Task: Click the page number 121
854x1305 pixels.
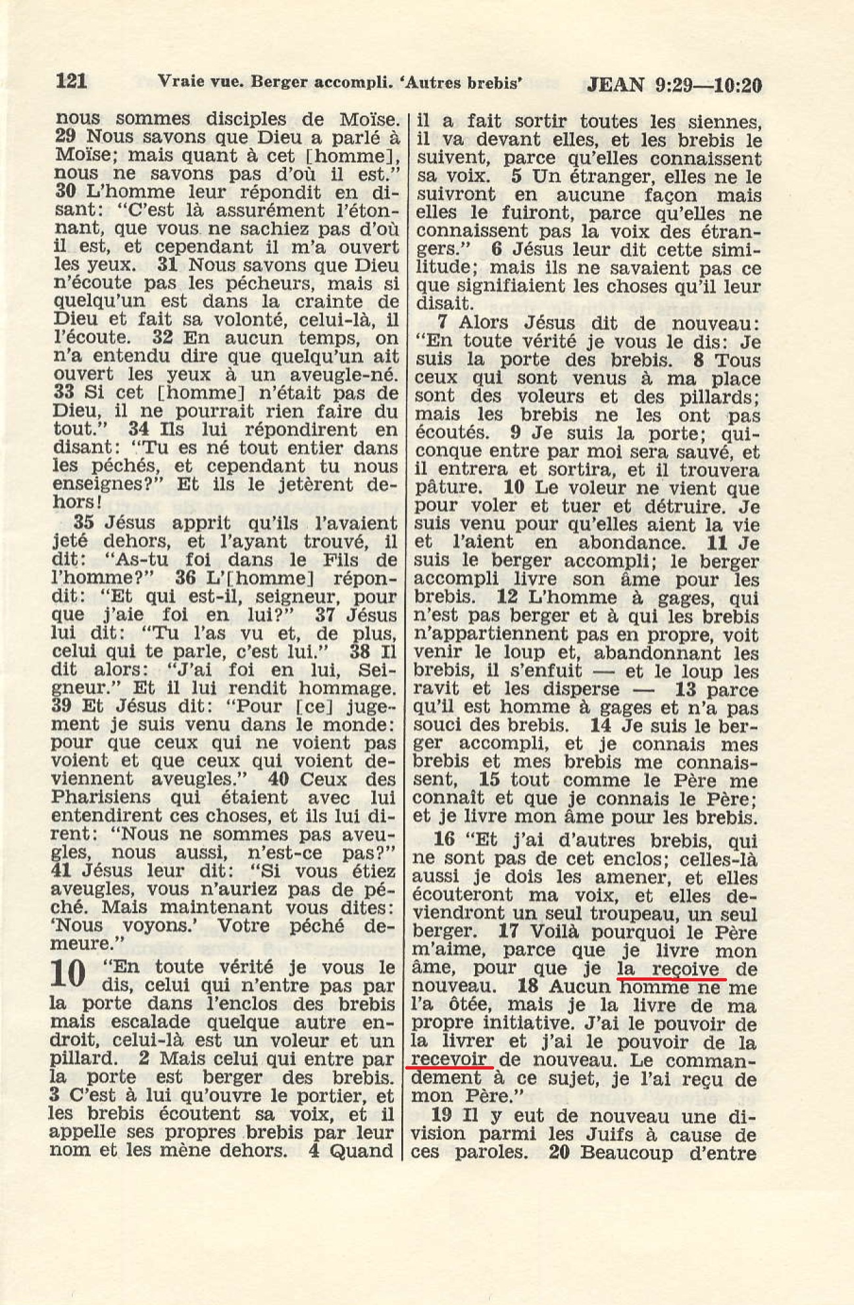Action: [72, 81]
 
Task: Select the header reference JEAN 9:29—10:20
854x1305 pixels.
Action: [674, 86]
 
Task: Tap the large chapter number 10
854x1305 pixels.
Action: [68, 973]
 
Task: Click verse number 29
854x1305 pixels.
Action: [64, 137]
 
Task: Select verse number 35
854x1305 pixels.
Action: [84, 523]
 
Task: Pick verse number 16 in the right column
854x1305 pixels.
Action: [445, 840]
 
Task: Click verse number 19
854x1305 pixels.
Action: [442, 1116]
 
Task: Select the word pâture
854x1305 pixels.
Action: [447, 488]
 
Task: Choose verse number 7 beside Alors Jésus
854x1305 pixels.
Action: [442, 323]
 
